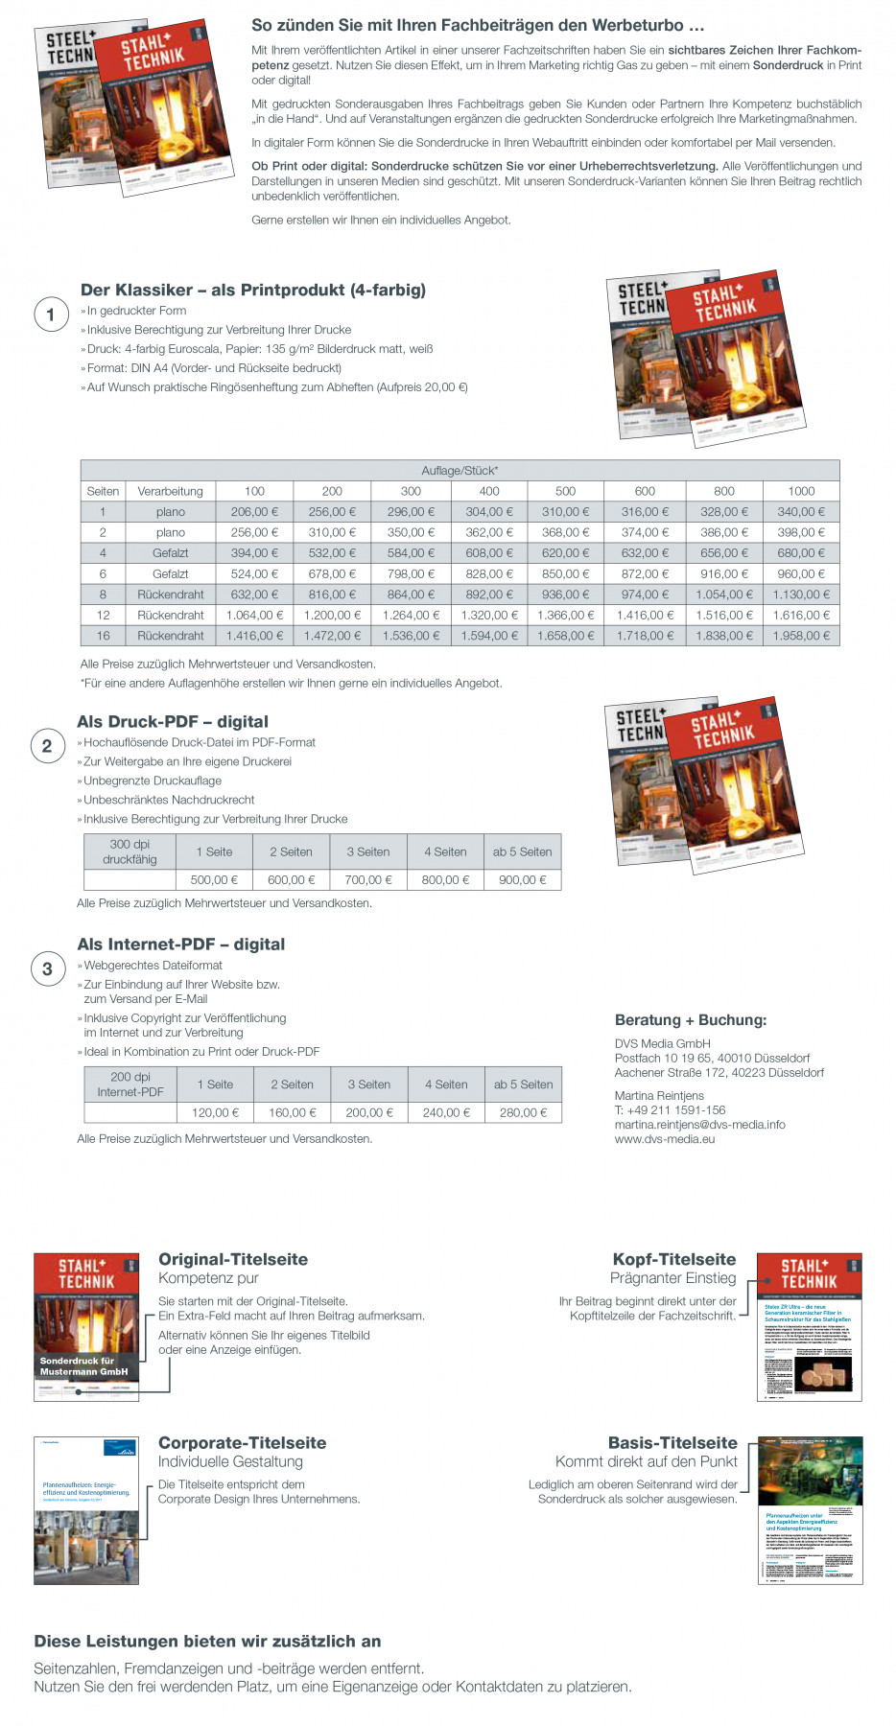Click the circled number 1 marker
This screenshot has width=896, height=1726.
[x=51, y=315]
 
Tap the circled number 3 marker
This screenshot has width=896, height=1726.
[x=47, y=968]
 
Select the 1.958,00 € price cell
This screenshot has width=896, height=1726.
[x=801, y=636]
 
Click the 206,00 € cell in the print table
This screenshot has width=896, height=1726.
[x=254, y=512]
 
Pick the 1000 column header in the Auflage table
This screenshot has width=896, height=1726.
[x=801, y=491]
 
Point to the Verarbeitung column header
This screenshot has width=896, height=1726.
[x=170, y=491]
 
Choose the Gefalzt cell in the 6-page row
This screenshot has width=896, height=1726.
[x=170, y=573]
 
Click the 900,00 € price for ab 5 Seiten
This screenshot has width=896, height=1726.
[x=522, y=879]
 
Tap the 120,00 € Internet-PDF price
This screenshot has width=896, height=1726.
[x=216, y=1112]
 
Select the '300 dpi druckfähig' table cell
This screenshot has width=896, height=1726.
[x=130, y=851]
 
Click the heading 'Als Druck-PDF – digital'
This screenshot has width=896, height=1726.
[x=173, y=722]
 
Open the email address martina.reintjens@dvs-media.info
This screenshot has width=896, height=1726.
[x=699, y=1125]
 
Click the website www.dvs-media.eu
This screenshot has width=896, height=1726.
[x=665, y=1139]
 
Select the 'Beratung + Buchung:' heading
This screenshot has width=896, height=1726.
[x=691, y=1020]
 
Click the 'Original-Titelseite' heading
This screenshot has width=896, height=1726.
[x=233, y=1260]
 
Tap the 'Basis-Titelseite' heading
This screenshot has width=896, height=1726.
[x=672, y=1443]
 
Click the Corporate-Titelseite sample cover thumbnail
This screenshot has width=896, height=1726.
[x=86, y=1510]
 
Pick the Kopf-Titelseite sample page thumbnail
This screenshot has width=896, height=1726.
[x=809, y=1327]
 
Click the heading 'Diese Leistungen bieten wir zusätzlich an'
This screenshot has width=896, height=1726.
[x=207, y=1642]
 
